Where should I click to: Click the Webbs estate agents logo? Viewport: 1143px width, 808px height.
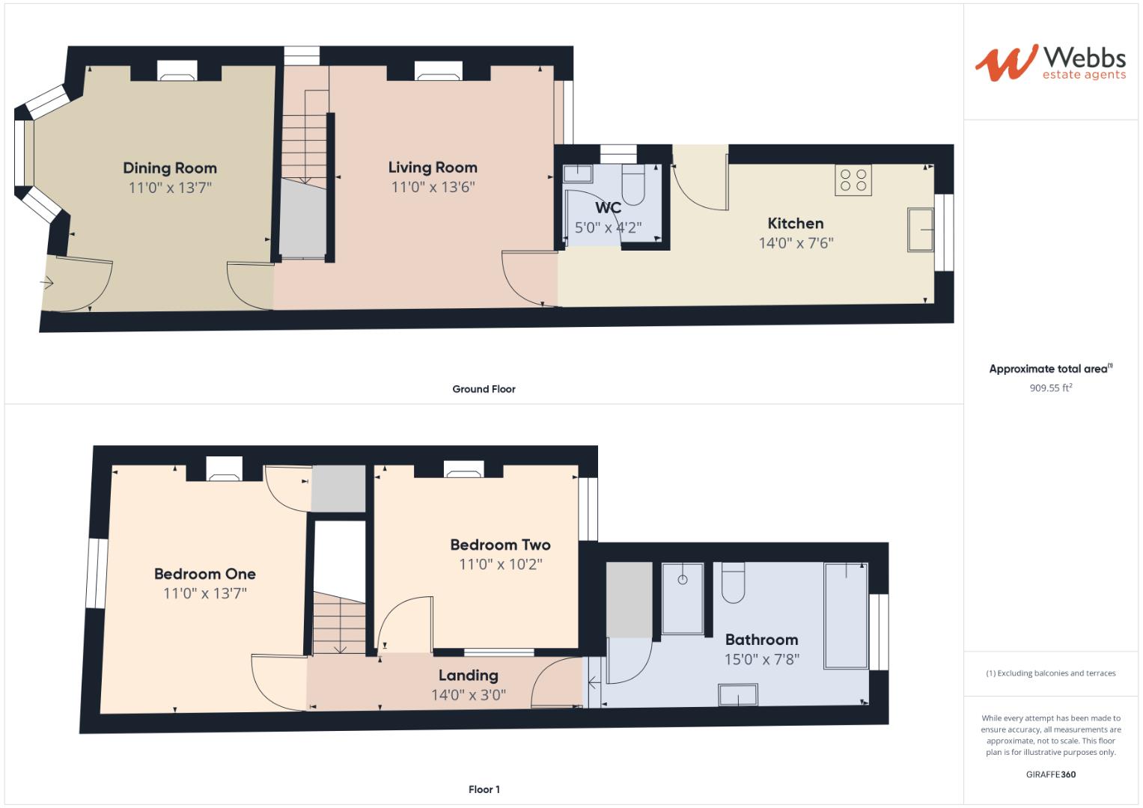pos(1049,63)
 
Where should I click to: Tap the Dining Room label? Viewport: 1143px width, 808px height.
pos(170,168)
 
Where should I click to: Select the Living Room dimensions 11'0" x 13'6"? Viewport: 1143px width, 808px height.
pos(433,187)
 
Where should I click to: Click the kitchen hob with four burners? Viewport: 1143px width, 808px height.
pos(853,180)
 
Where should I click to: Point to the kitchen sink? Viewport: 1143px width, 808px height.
pos(921,230)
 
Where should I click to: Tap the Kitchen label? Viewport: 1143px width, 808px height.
pos(795,224)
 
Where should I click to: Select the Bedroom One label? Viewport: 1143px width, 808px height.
pos(204,574)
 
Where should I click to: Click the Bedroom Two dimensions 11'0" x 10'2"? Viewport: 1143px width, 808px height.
pos(500,564)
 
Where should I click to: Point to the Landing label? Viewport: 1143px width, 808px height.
pos(468,676)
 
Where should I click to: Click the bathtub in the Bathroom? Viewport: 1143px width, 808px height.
pos(846,615)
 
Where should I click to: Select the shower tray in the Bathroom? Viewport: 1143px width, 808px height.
pos(682,599)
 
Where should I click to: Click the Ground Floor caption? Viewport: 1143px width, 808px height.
pos(484,389)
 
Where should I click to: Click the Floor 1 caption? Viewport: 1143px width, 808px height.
pos(484,789)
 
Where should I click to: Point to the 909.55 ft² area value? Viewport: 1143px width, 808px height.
pos(1050,388)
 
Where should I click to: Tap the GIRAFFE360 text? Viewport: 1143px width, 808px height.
pos(1050,774)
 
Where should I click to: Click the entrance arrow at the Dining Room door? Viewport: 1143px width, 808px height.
pos(48,283)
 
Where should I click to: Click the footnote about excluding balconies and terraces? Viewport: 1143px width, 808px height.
pos(1050,673)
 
